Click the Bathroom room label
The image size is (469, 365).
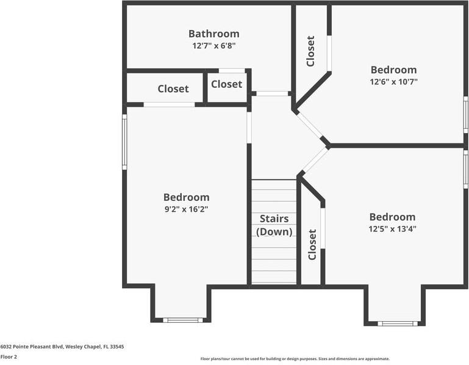[x=213, y=34]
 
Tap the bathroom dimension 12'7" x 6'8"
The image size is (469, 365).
[x=213, y=45]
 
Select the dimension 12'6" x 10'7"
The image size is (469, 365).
[x=393, y=81]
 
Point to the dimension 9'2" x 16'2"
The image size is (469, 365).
[x=186, y=209]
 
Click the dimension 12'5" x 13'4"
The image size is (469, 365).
[x=392, y=229]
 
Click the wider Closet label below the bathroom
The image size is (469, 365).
[x=173, y=89]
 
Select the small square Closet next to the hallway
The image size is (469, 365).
[x=226, y=84]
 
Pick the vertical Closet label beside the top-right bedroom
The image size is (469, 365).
[x=310, y=51]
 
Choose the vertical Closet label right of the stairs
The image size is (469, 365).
[x=312, y=244]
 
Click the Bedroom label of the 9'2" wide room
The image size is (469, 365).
[x=186, y=197]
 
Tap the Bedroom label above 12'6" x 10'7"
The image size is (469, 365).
[x=393, y=70]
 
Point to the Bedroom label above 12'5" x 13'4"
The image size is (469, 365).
[x=392, y=217]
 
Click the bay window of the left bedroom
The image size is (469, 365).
[x=182, y=320]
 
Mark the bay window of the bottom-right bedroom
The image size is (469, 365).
[x=397, y=323]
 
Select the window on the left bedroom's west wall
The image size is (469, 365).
[x=124, y=142]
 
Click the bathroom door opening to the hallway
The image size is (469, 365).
[x=271, y=93]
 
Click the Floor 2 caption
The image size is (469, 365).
[x=9, y=356]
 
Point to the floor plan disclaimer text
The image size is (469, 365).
[x=295, y=359]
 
